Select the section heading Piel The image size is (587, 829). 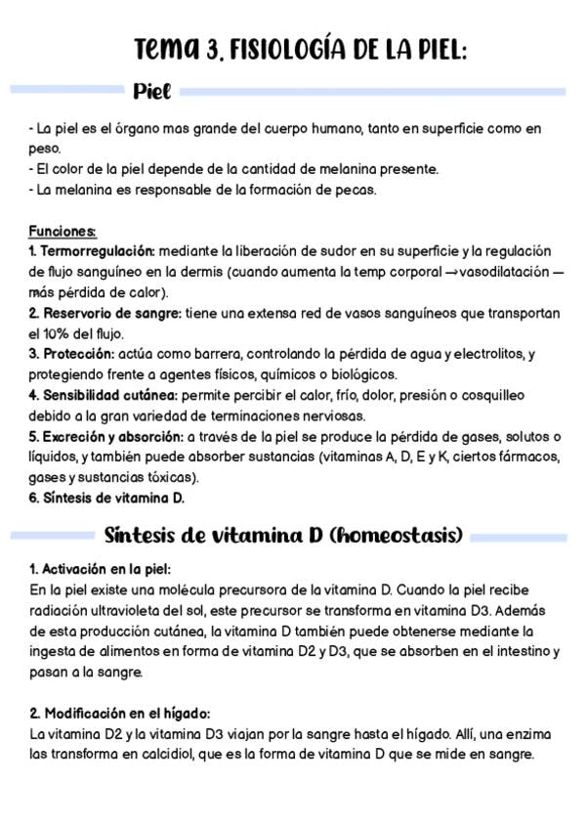[152, 92]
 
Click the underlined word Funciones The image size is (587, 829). [63, 232]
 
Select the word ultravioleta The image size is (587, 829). [128, 610]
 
